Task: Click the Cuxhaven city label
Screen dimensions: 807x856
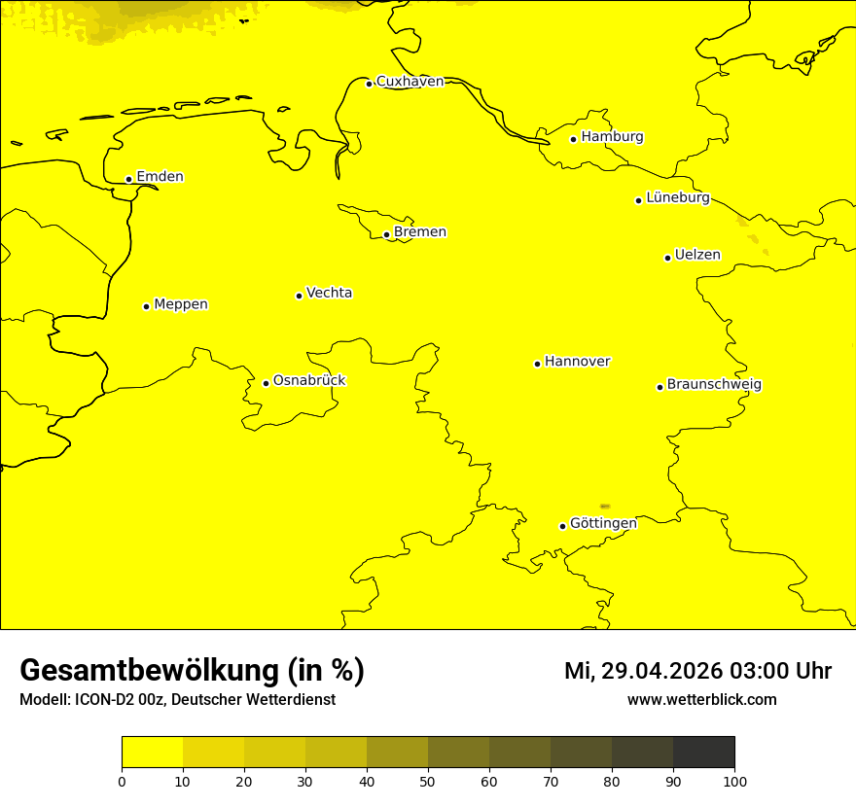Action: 410,82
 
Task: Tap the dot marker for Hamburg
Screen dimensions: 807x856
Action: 574,139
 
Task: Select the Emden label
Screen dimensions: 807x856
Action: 160,177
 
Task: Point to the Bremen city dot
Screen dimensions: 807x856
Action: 386,234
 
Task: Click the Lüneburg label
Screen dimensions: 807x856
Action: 677,197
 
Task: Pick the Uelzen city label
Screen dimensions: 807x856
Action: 697,255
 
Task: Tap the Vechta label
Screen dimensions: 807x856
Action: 329,293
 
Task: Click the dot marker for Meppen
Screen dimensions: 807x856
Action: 146,306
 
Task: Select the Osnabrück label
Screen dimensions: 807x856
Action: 309,380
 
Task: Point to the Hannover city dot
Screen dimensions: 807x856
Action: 537,364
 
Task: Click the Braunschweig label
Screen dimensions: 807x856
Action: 714,384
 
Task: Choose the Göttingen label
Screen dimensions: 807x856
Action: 603,523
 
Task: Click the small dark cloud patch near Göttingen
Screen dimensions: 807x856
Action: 605,507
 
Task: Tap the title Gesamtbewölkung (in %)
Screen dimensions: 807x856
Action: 192,670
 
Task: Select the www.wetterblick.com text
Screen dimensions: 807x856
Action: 701,699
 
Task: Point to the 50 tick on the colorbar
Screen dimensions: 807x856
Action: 428,780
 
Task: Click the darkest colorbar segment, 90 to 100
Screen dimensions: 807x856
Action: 703,752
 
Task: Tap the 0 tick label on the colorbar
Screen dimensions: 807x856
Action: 122,780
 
